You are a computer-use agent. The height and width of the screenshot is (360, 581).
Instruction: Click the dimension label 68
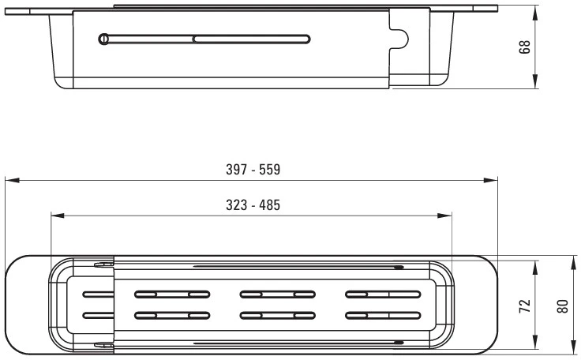(525, 47)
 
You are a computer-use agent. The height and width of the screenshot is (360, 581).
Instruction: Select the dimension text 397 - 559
(253, 170)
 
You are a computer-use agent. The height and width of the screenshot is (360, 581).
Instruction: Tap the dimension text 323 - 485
(253, 205)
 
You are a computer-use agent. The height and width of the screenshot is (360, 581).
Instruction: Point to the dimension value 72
(525, 306)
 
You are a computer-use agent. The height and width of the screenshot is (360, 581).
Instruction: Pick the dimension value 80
(563, 306)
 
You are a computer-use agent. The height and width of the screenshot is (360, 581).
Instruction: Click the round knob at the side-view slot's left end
(103, 39)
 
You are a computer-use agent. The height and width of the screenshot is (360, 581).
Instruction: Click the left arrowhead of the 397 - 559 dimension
(12, 181)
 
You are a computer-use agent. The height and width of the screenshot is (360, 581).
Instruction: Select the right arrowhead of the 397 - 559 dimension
(490, 181)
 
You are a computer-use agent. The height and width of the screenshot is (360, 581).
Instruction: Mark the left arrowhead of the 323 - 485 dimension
(58, 216)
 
